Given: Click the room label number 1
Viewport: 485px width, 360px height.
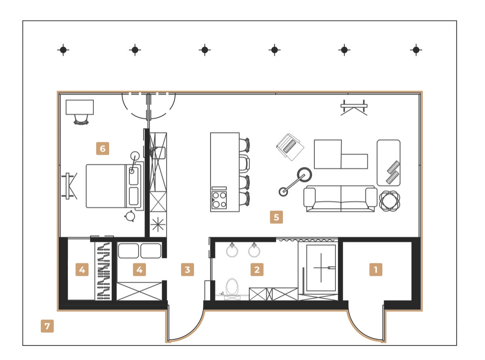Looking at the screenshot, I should pyautogui.click(x=375, y=269).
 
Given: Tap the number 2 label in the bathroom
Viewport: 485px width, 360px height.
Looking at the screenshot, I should pyautogui.click(x=257, y=269).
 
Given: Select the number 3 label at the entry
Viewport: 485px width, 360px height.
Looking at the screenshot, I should pyautogui.click(x=187, y=269).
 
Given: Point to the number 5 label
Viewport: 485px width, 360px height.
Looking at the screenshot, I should pyautogui.click(x=276, y=217).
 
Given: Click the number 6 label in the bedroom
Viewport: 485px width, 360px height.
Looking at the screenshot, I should pyautogui.click(x=102, y=149).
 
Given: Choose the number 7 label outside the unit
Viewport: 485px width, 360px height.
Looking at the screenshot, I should pyautogui.click(x=47, y=326).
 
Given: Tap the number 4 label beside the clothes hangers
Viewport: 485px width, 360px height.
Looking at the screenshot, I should pyautogui.click(x=82, y=269).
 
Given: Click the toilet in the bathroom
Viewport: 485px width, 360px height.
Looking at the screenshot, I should pyautogui.click(x=232, y=287).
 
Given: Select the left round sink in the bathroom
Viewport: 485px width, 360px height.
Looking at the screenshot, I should pyautogui.click(x=232, y=251).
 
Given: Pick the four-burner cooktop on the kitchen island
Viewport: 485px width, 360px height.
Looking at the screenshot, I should pyautogui.click(x=219, y=199).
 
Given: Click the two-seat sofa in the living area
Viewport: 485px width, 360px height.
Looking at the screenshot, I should pyautogui.click(x=340, y=198).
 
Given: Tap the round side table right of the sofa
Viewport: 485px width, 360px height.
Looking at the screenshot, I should pyautogui.click(x=390, y=200).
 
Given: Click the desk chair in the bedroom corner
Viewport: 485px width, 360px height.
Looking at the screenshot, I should pyautogui.click(x=81, y=119).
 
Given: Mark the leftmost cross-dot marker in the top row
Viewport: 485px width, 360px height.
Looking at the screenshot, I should pyautogui.click(x=63, y=50).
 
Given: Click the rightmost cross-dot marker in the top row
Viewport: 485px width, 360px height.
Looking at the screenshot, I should pyautogui.click(x=416, y=50).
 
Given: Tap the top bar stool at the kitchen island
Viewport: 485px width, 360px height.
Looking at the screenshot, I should pyautogui.click(x=245, y=145).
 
